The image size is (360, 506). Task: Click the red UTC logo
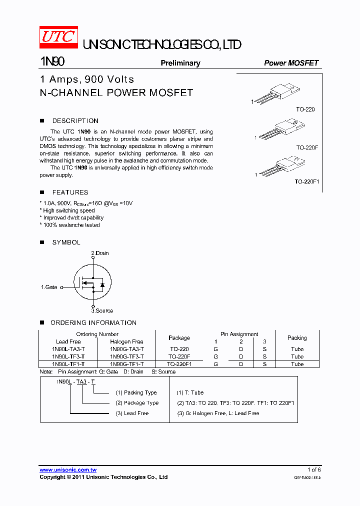pyautogui.click(x=58, y=36)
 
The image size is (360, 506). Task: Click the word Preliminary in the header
pyautogui.click(x=180, y=63)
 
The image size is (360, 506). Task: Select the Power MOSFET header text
pyautogui.click(x=291, y=63)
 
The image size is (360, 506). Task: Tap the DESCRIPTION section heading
pyautogui.click(x=75, y=121)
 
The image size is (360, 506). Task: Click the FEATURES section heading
pyautogui.click(x=70, y=192)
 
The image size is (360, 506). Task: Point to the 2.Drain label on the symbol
pyautogui.click(x=100, y=253)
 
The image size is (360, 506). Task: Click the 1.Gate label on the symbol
pyautogui.click(x=49, y=287)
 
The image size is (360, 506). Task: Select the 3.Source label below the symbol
pyautogui.click(x=102, y=310)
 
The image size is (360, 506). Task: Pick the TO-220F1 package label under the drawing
pyautogui.click(x=306, y=182)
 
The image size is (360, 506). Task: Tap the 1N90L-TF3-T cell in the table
pyautogui.click(x=68, y=356)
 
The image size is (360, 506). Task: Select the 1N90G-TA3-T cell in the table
pyautogui.click(x=127, y=349)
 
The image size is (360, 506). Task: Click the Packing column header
pyautogui.click(x=297, y=338)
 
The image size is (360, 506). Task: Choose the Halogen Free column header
pyautogui.click(x=126, y=341)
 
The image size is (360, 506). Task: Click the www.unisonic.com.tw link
pyautogui.click(x=68, y=470)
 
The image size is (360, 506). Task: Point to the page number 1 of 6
pyautogui.click(x=313, y=470)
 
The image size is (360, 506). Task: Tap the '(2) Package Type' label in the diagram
pyautogui.click(x=137, y=403)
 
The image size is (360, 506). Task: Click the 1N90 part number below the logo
pyautogui.click(x=52, y=62)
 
